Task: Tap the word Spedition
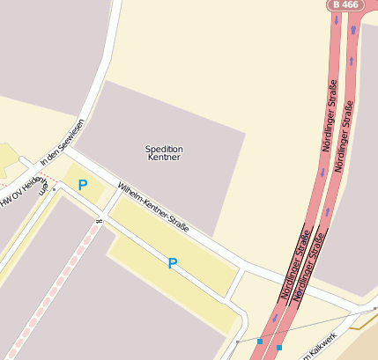coord(164,149)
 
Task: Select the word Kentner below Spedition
coord(164,158)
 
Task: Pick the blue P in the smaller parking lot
coord(83,185)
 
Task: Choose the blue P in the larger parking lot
coord(173,263)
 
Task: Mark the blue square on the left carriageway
coord(260,341)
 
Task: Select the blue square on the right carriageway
coord(279,348)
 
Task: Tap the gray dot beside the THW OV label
coord(54,188)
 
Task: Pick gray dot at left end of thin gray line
coord(238,342)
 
